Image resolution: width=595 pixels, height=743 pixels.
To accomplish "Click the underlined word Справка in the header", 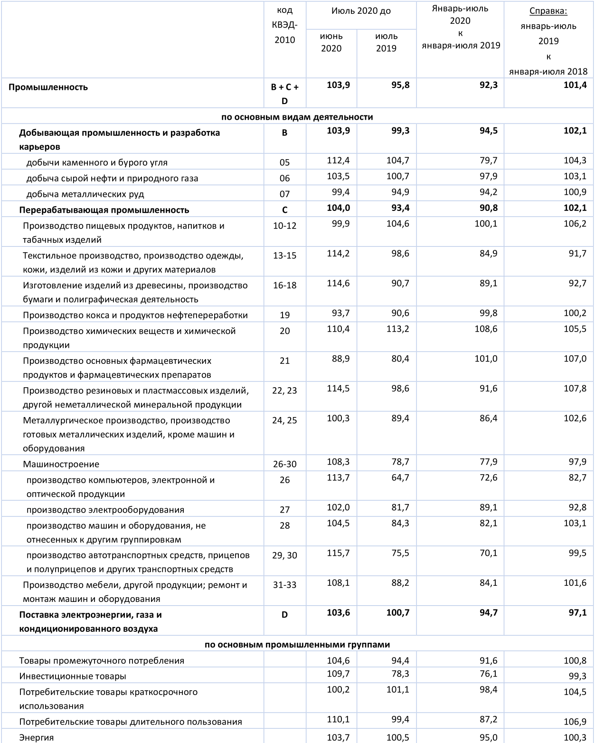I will tap(548, 11).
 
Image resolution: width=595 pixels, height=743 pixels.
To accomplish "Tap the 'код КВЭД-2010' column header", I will tap(284, 25).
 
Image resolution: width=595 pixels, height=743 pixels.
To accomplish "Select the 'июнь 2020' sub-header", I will tap(331, 42).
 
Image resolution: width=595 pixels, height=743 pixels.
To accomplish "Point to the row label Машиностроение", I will tap(61, 464).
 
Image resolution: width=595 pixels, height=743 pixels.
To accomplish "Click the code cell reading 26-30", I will tap(284, 464).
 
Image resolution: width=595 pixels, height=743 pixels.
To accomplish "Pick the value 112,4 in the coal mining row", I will tap(338, 161).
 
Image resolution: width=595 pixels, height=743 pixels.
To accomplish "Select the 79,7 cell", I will tap(488, 161).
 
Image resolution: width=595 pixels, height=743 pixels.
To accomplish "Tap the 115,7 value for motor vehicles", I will tap(338, 553).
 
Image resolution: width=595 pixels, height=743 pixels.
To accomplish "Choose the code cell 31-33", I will tap(284, 585).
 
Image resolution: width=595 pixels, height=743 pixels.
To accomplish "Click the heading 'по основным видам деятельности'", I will tap(297, 117).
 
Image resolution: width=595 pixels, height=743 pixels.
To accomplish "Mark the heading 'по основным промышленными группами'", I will tap(297, 645).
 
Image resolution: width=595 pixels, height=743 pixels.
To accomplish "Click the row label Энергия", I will tap(37, 738).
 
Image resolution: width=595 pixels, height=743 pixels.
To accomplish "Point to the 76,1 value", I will tap(488, 674).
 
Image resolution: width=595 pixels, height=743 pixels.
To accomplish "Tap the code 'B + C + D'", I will tap(284, 94).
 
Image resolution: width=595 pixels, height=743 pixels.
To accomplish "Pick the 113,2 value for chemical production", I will tap(397, 329).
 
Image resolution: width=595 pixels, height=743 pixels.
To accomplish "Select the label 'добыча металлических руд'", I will tap(85, 194).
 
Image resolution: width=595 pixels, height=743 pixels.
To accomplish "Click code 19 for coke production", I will tap(284, 315).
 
